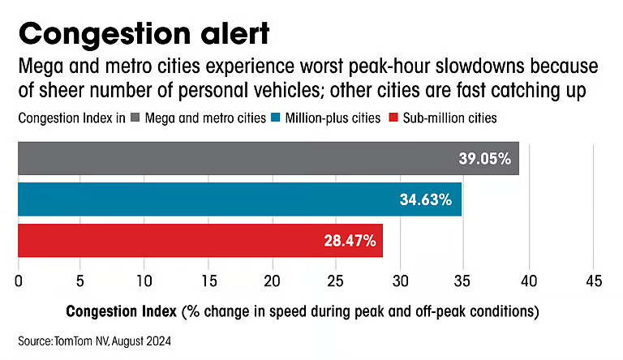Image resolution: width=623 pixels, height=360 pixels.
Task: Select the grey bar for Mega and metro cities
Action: pyautogui.click(x=268, y=159)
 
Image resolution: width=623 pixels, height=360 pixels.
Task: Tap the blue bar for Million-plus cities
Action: pyautogui.click(x=239, y=199)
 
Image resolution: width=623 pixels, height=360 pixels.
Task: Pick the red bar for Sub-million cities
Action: pyautogui.click(x=200, y=240)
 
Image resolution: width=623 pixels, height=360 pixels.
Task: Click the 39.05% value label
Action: pyautogui.click(x=483, y=159)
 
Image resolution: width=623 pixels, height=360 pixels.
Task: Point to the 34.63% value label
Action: pyautogui.click(x=426, y=199)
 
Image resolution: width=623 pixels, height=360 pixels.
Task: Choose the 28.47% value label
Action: pyautogui.click(x=346, y=240)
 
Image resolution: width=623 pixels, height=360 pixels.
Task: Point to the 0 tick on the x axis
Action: pyautogui.click(x=18, y=281)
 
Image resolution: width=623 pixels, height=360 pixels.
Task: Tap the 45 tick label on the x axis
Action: pyautogui.click(x=593, y=281)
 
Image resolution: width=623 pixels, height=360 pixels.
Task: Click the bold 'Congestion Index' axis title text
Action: pyautogui.click(x=122, y=311)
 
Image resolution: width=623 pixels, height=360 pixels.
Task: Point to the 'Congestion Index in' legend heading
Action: pyautogui.click(x=71, y=118)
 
